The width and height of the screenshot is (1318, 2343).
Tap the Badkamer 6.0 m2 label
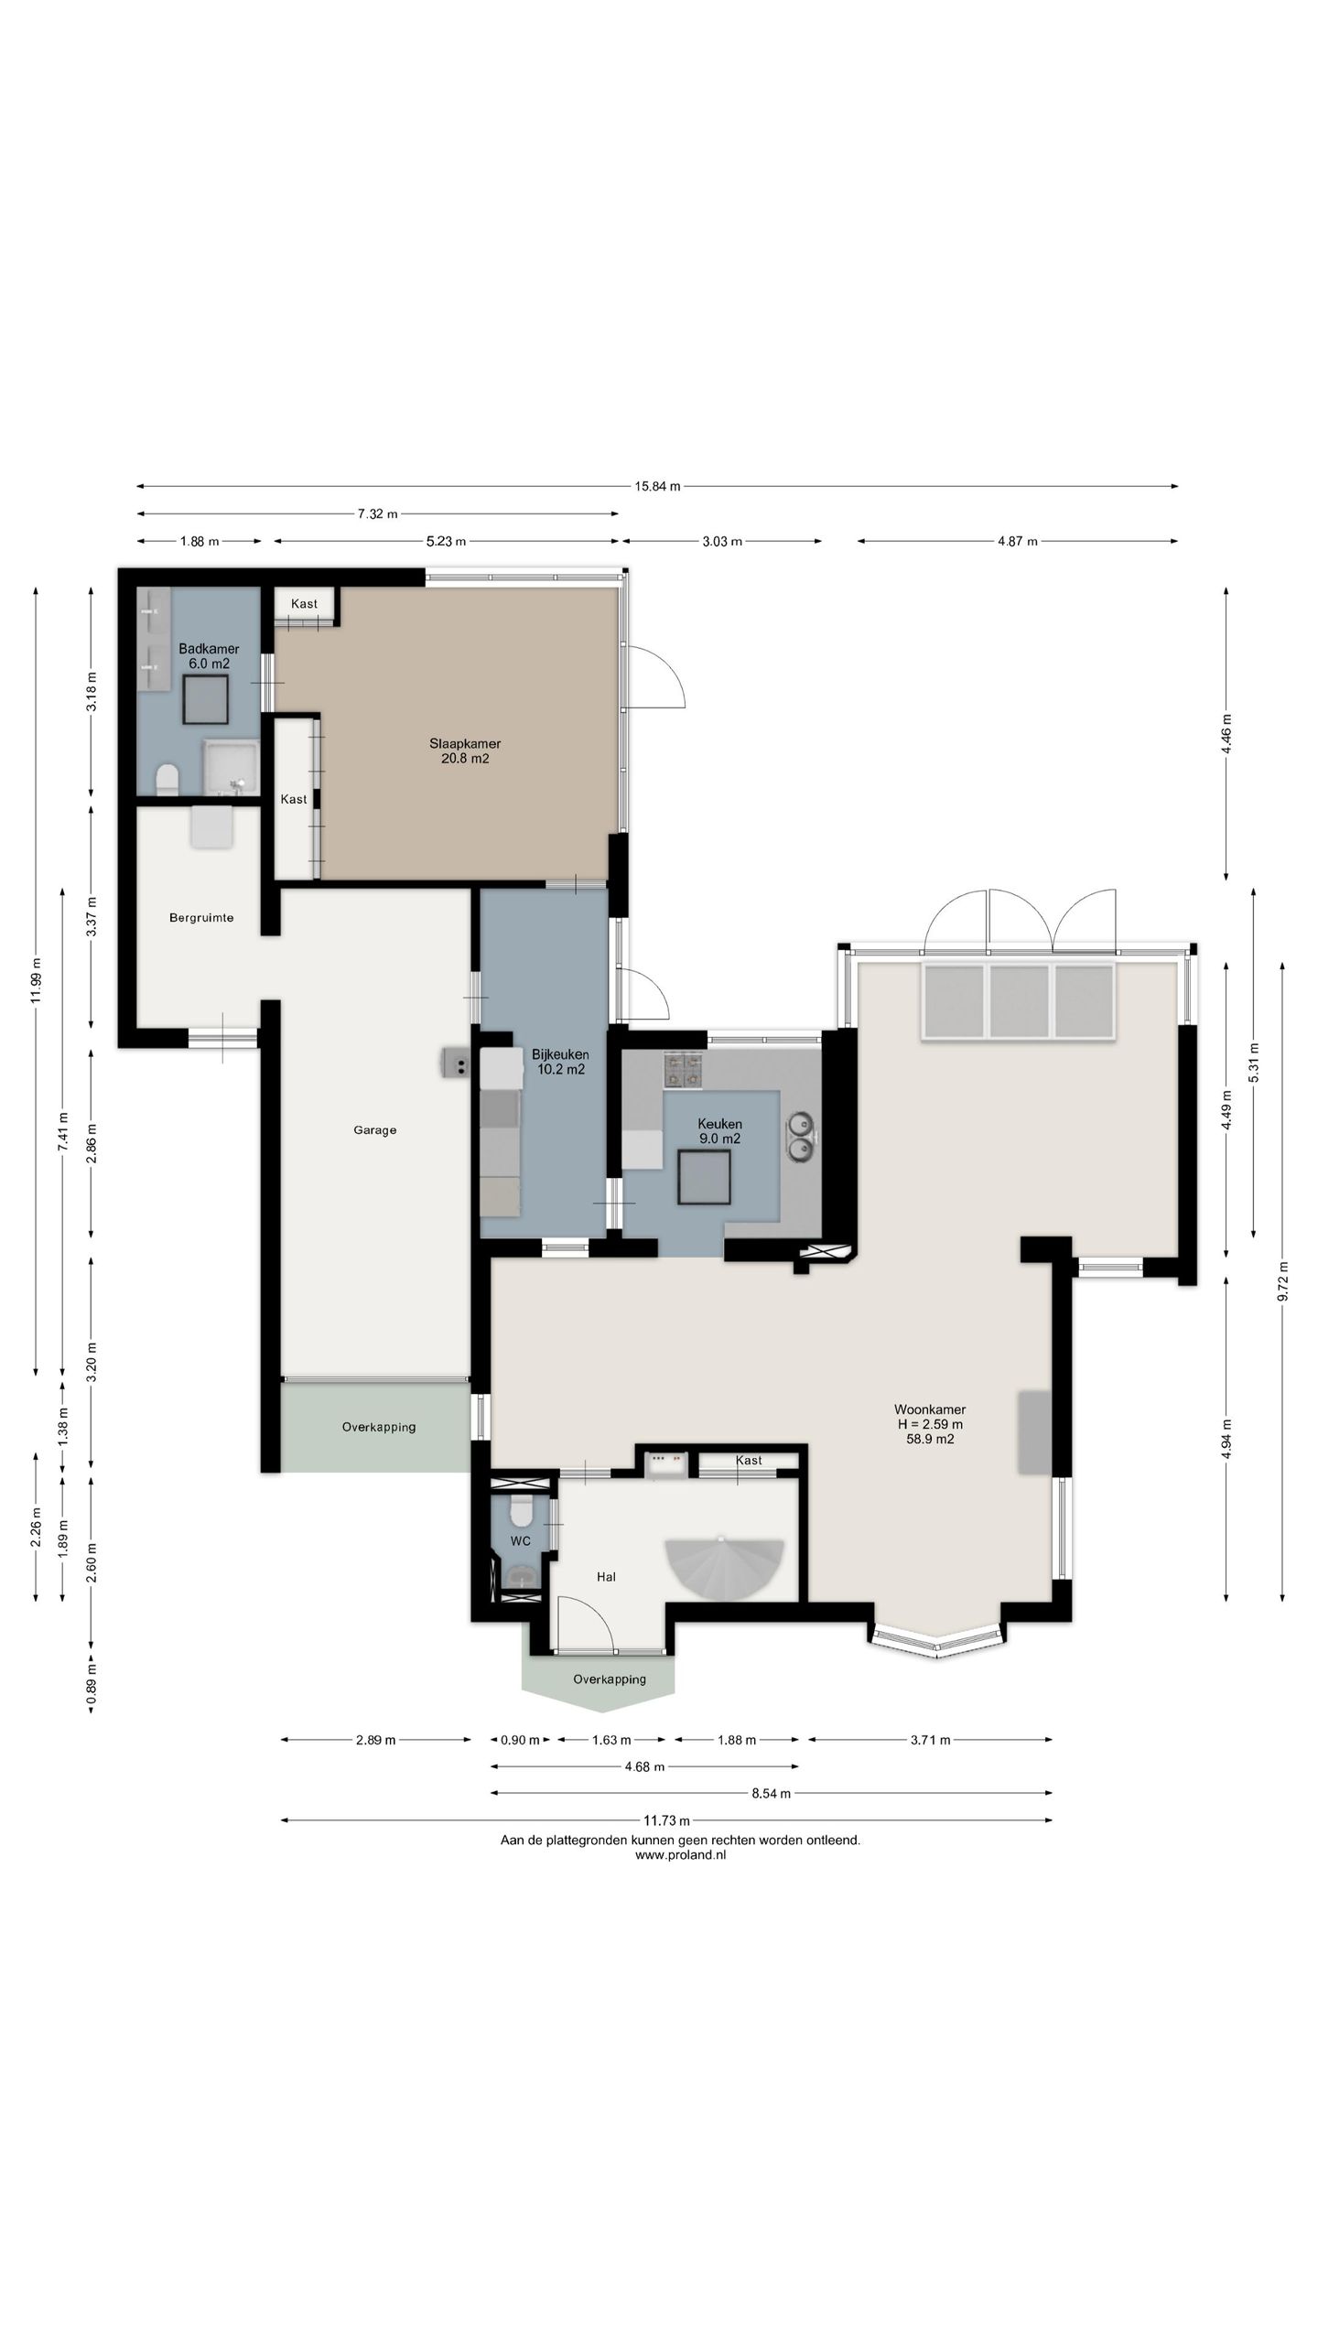click(x=209, y=656)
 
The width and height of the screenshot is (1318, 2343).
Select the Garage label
click(x=375, y=1130)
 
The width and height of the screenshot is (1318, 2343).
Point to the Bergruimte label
click(x=201, y=918)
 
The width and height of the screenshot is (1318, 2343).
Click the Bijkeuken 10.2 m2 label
click(x=560, y=1062)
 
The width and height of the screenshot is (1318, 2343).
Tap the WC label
click(x=521, y=1541)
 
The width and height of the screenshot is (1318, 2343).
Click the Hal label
click(x=606, y=1577)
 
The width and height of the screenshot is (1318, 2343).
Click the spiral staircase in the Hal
click(x=724, y=1568)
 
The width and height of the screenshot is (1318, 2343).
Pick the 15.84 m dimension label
click(x=658, y=487)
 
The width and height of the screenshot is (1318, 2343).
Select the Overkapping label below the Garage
click(x=379, y=1427)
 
